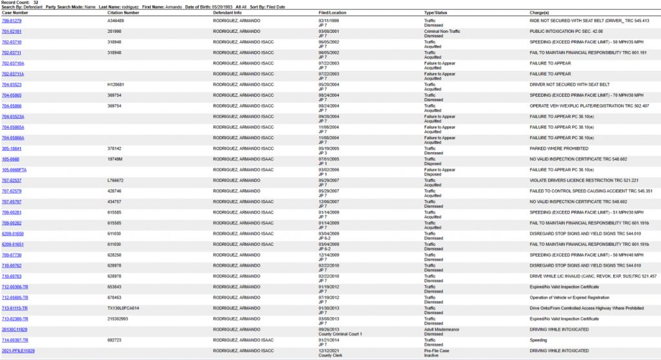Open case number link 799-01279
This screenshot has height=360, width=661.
[12, 20]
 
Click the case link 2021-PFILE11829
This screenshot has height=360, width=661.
[18, 350]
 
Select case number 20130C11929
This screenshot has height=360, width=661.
[15, 329]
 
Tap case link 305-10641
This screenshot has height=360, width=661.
[11, 148]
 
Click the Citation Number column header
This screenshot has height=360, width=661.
[123, 12]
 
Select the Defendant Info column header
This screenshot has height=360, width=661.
[227, 12]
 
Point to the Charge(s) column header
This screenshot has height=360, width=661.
[539, 12]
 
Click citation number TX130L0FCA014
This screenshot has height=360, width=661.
[123, 308]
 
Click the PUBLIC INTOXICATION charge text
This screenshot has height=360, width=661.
[566, 31]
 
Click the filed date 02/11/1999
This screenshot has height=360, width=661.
[329, 20]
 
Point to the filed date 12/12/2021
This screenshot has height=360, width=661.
[329, 350]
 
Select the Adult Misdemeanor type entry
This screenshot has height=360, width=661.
[439, 329]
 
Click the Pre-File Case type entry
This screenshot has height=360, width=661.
[436, 350]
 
